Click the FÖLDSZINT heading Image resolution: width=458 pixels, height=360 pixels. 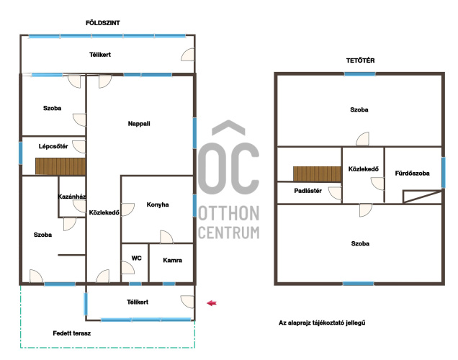click(x=102, y=23)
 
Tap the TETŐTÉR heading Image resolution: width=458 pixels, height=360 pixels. click(x=360, y=60)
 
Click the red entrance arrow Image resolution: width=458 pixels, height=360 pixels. click(x=212, y=303)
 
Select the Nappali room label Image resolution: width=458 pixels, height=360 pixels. click(x=139, y=124)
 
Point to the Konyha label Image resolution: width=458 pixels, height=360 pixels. click(x=158, y=204)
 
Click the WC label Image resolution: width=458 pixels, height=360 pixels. click(x=136, y=258)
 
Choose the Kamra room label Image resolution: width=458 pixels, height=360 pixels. click(x=172, y=260)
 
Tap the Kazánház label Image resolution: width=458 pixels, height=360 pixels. click(x=72, y=197)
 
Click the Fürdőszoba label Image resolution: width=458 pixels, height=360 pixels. click(x=412, y=174)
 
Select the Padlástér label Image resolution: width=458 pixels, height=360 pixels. click(x=308, y=191)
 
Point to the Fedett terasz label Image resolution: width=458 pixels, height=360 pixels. click(x=72, y=333)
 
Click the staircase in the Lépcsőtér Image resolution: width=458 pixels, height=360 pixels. click(x=60, y=166)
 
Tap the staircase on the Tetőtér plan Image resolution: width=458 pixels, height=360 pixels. click(x=317, y=174)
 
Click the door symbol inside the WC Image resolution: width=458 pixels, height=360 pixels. click(x=128, y=267)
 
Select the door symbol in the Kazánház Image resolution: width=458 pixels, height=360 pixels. click(x=79, y=206)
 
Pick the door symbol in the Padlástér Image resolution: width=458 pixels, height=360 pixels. click(x=335, y=193)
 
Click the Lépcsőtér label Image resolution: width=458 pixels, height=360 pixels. click(x=53, y=146)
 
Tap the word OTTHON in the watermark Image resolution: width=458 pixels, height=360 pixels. click(x=229, y=213)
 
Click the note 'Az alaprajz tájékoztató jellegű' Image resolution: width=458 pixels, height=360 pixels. click(x=322, y=323)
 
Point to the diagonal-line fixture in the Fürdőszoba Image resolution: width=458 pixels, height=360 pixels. click(x=423, y=197)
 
